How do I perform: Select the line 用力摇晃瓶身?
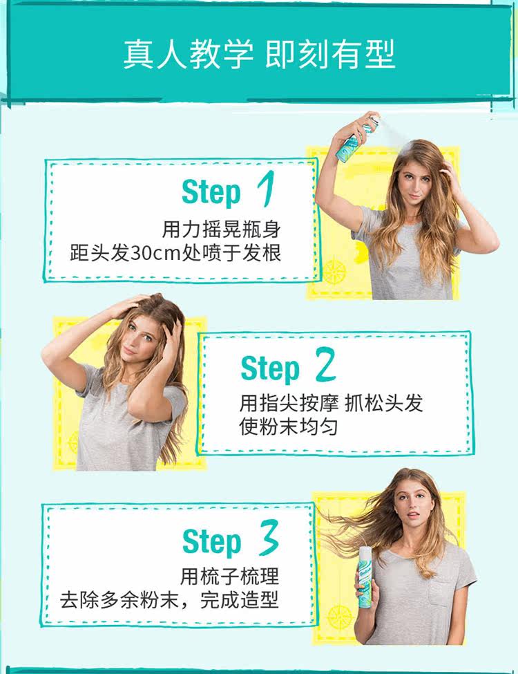pos(221,229)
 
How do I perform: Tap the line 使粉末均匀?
pos(289,426)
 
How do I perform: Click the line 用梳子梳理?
pos(230,575)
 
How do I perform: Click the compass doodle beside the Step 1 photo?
pos(334,271)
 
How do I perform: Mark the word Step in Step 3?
pos(211,542)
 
